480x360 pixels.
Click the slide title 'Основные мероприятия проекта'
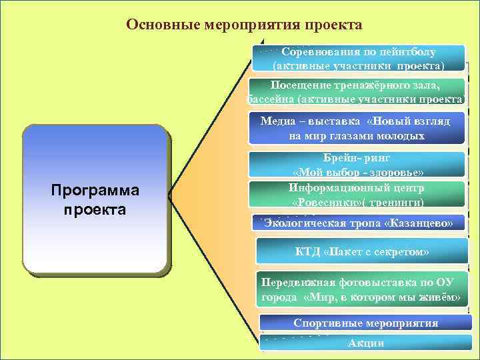click(244, 25)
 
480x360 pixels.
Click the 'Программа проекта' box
click(95, 199)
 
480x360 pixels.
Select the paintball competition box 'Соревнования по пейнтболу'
click(358, 59)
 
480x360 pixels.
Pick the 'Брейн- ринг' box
click(357, 165)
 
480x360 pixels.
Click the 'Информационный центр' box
click(357, 194)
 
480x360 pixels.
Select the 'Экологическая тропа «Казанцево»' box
click(358, 223)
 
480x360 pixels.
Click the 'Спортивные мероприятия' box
click(365, 323)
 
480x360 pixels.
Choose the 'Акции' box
click(365, 343)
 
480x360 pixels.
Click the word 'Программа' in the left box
click(95, 191)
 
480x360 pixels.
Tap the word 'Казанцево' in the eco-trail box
click(418, 223)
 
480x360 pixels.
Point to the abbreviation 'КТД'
click(308, 252)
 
